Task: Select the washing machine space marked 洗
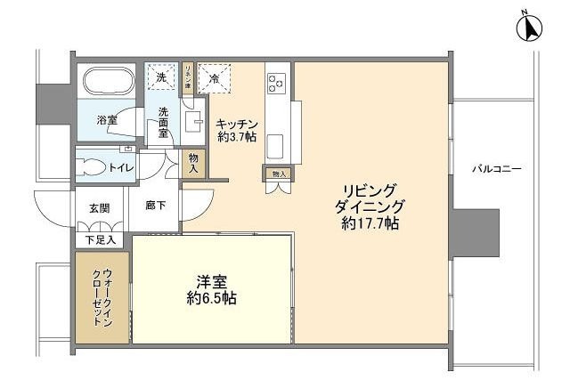(x=161, y=78)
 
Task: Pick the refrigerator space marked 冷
(x=214, y=78)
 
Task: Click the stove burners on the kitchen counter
(x=274, y=83)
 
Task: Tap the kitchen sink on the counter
(x=274, y=142)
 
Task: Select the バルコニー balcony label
(x=496, y=168)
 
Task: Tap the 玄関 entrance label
(x=99, y=208)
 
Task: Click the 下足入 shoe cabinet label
(x=99, y=239)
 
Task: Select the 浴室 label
(x=108, y=119)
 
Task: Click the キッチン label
(x=237, y=124)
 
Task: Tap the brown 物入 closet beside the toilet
(x=194, y=162)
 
